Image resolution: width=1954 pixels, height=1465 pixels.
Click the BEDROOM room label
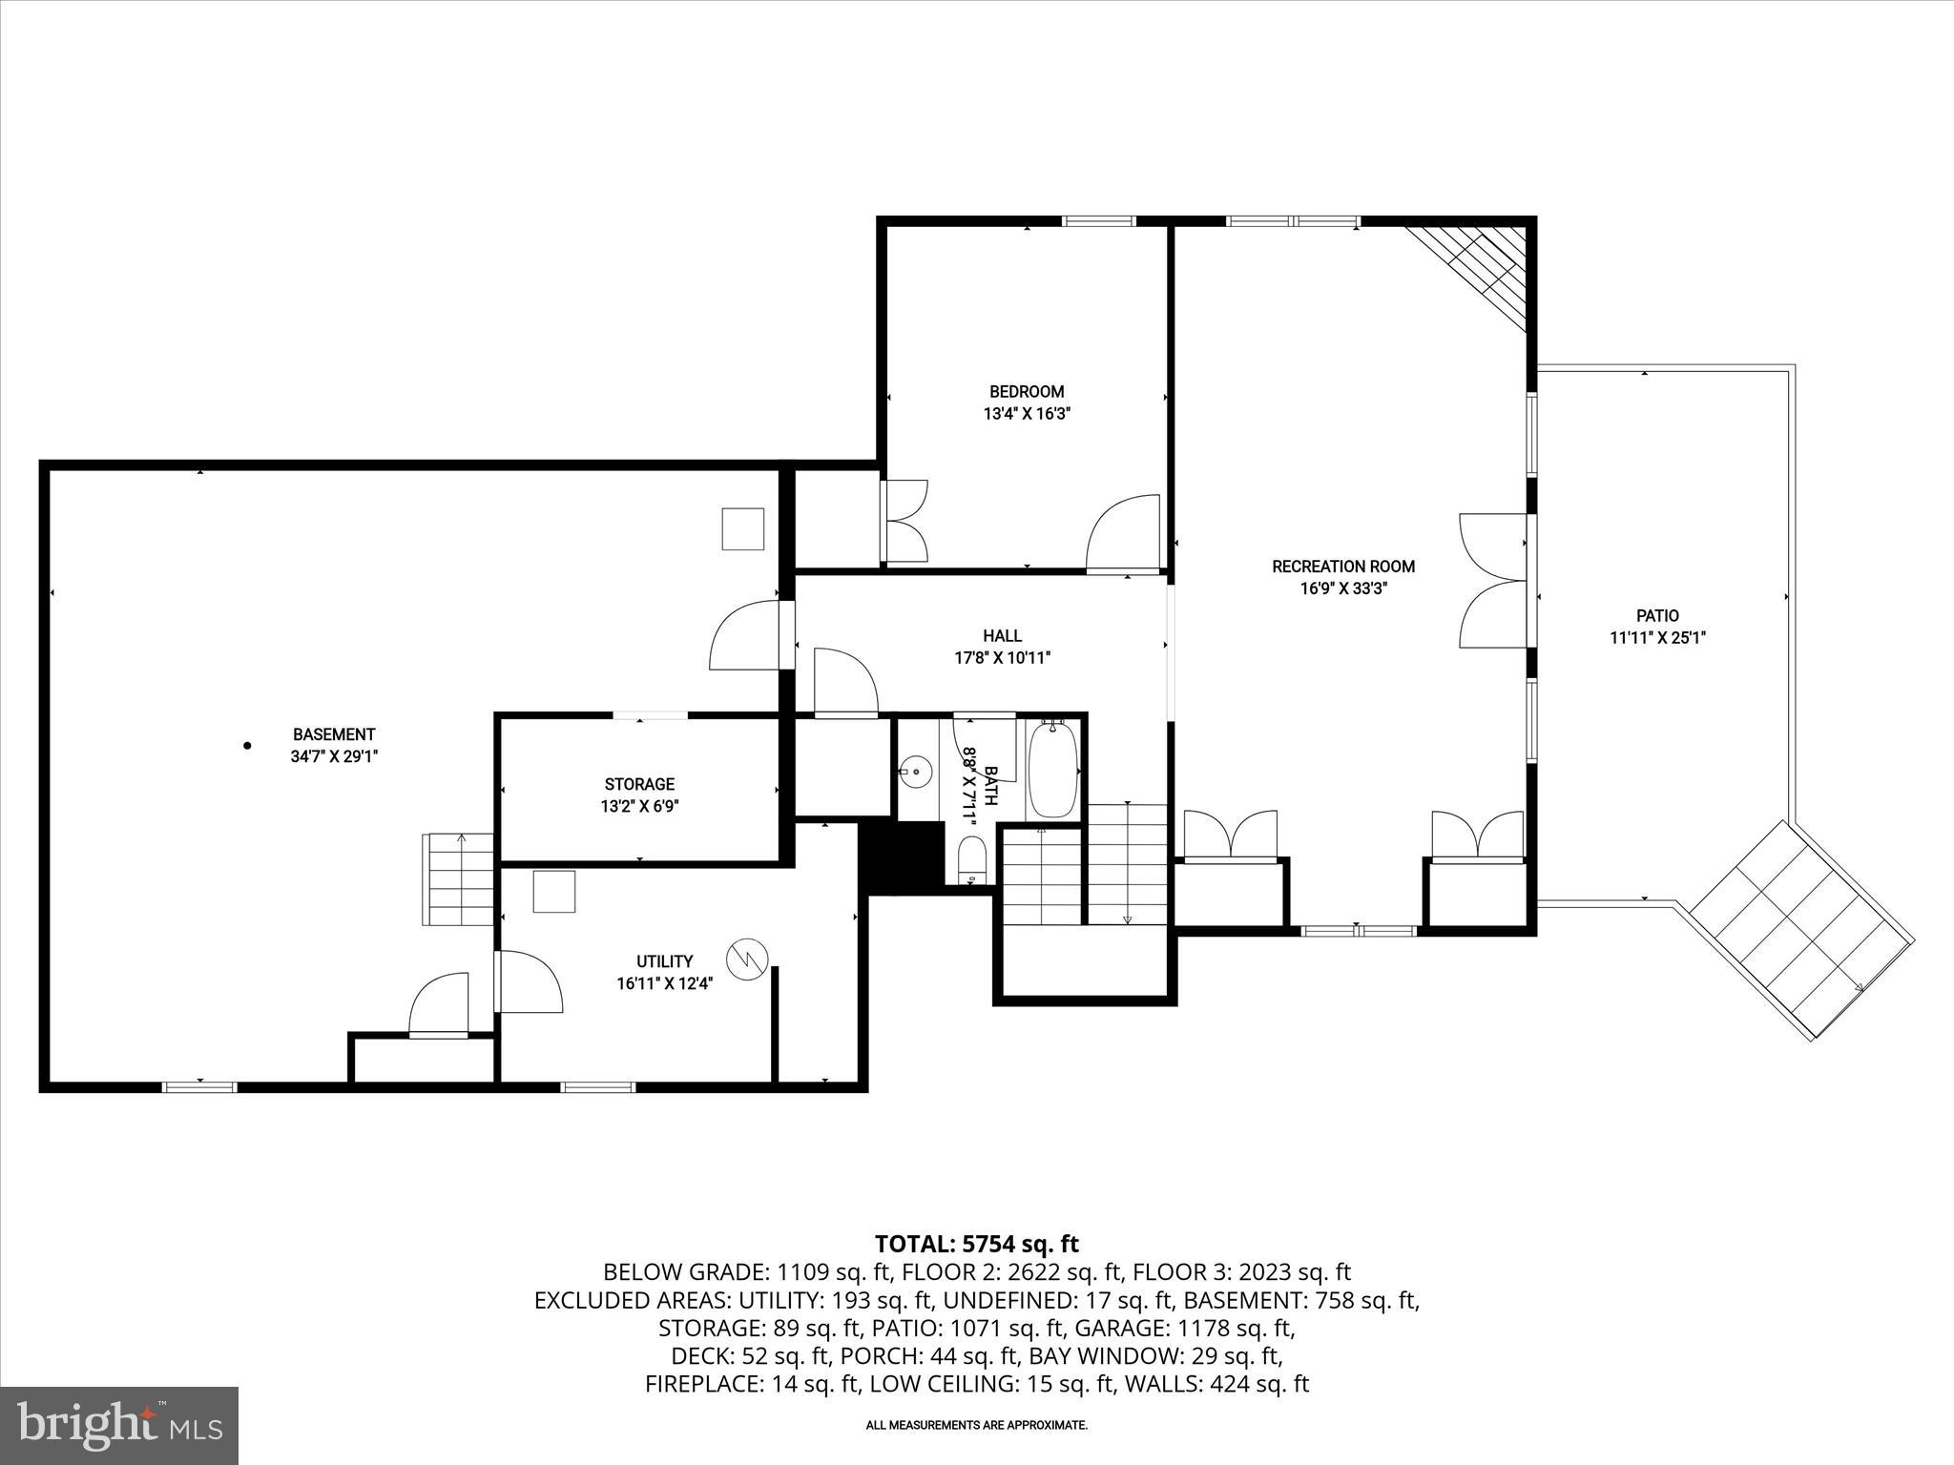pos(1026,391)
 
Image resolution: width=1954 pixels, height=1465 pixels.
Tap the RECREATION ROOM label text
pos(1342,567)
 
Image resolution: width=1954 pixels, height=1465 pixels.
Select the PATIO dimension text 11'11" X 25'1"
pos(1657,638)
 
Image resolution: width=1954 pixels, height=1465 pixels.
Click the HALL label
pos(1002,635)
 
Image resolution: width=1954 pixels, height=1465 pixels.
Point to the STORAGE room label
pos(639,784)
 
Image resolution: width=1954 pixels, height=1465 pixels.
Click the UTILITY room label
pos(665,961)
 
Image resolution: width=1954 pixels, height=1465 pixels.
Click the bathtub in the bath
pos(1053,771)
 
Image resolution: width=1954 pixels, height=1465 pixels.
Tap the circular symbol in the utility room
pos(747,958)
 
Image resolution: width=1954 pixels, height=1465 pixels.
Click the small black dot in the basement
pos(247,746)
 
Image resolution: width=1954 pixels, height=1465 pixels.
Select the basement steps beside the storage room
pos(459,878)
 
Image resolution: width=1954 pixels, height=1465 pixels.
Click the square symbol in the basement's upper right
pos(742,529)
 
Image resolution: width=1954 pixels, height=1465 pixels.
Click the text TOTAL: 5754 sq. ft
pos(976,1244)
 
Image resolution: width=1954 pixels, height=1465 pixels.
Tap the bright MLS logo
pos(119,1425)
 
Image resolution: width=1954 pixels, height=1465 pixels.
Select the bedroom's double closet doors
pos(905,521)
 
